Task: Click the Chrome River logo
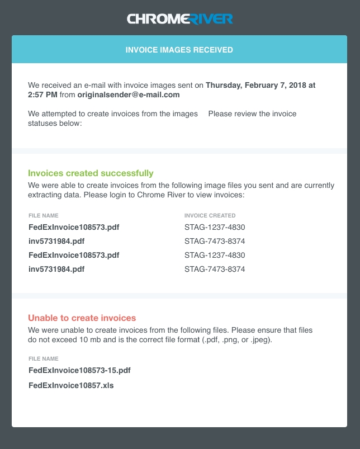(179, 20)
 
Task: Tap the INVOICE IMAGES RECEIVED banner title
(179, 50)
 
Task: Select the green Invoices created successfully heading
(91, 173)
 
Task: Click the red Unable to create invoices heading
(82, 318)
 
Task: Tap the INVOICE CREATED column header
(210, 215)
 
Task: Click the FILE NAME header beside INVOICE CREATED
(43, 215)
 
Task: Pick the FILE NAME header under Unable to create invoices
(43, 359)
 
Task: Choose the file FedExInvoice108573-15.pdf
(79, 370)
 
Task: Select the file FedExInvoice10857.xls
(71, 385)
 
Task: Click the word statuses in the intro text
(42, 123)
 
